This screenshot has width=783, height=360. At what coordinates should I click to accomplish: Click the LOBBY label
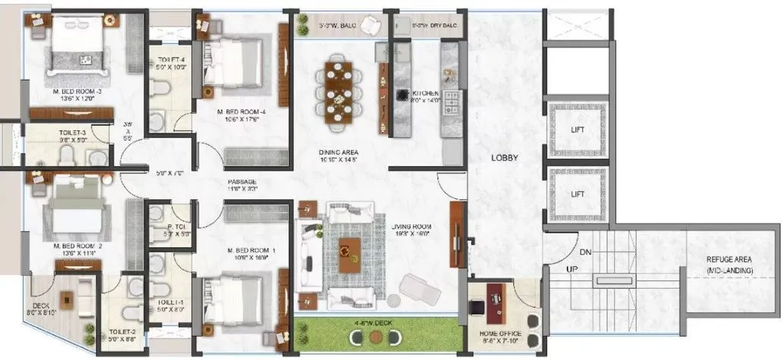[x=503, y=158]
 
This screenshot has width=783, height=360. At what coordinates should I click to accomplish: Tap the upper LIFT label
[x=578, y=130]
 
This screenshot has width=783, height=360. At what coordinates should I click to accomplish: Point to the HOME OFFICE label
[x=500, y=334]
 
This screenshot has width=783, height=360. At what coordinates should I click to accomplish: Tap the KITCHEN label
[x=426, y=93]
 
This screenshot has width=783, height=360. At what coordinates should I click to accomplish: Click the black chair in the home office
[x=478, y=308]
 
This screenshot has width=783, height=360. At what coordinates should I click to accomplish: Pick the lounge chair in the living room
[x=418, y=288]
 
